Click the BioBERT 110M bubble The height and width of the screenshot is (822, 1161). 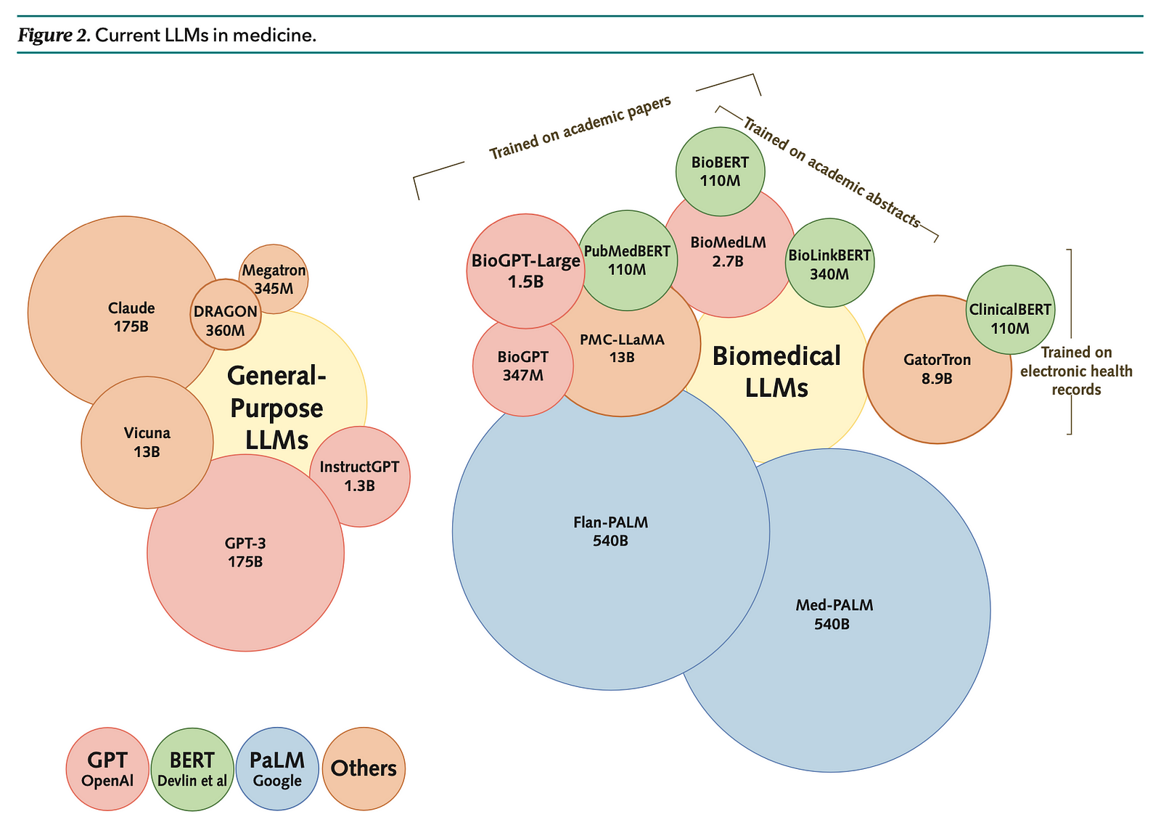coord(720,171)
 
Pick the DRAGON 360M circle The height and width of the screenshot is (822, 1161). coord(225,320)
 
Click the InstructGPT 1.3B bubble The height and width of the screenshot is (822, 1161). coord(360,477)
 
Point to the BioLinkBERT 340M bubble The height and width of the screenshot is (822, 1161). coord(829,263)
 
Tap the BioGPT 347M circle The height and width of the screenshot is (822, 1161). coord(522,366)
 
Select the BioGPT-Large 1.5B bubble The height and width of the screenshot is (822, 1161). coord(525,270)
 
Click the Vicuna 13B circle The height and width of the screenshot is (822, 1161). coord(147,442)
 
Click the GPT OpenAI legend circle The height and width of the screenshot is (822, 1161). coord(107,768)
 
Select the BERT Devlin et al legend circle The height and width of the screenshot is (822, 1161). coord(192,768)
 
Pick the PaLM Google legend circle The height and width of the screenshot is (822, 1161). coord(277,768)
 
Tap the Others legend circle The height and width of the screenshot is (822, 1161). coord(364,768)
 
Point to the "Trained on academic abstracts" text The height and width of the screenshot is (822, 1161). coord(832,173)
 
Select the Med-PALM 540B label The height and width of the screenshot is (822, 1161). coord(834,614)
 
